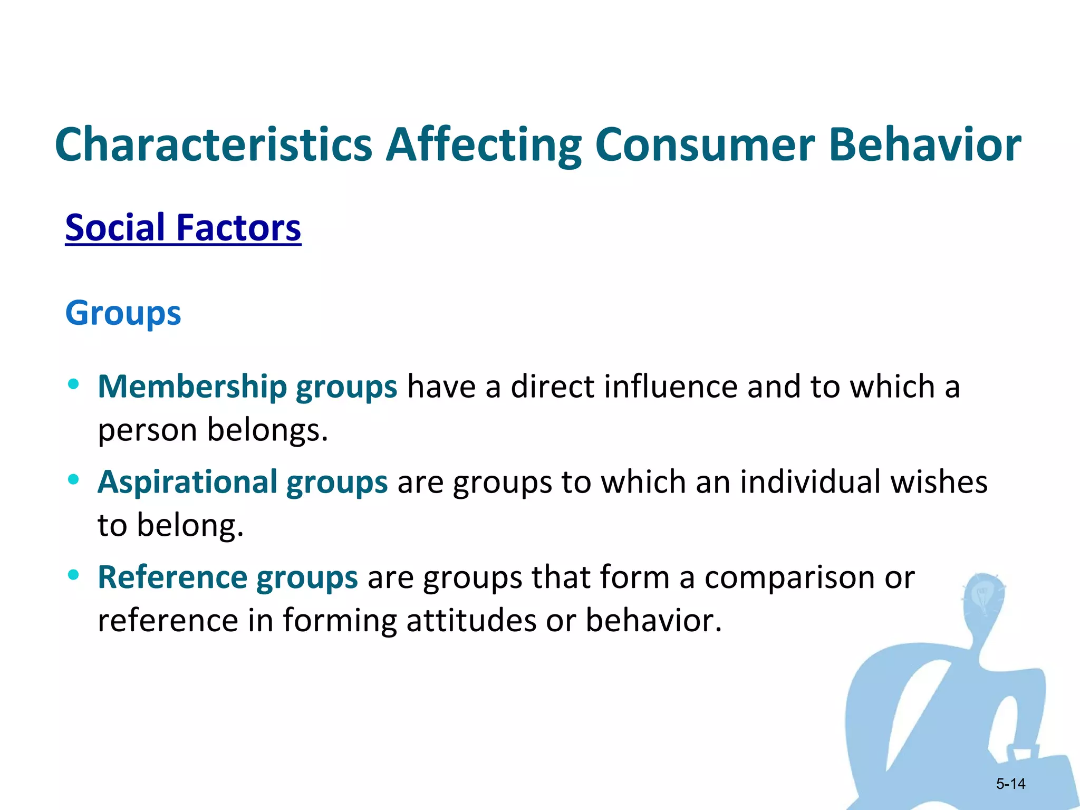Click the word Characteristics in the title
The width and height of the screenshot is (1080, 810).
point(214,144)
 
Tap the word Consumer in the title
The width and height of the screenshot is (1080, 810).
point(705,144)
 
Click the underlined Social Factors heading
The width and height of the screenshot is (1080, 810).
point(183,228)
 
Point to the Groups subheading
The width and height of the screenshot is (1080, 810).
point(123,313)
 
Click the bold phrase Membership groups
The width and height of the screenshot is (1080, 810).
point(247,387)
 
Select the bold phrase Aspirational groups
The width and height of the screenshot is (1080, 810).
point(243,482)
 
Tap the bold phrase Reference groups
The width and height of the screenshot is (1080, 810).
point(228,577)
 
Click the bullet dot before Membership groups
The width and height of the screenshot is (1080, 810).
point(74,384)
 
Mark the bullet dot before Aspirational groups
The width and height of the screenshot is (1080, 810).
point(74,479)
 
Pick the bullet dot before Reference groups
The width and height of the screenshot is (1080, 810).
point(74,574)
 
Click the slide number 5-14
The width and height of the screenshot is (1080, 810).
point(1010,784)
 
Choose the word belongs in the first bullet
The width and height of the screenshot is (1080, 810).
point(267,430)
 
